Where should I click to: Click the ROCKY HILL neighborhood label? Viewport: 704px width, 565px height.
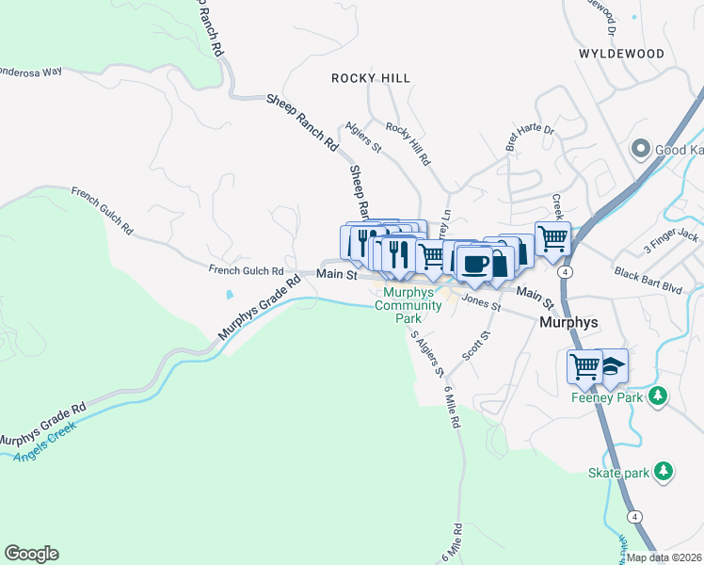point(371,78)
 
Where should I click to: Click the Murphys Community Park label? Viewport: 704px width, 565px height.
point(408,306)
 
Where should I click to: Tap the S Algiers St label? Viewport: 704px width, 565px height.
point(426,354)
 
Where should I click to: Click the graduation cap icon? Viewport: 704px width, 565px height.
point(612,365)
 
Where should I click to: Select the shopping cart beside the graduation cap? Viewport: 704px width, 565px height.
point(584,365)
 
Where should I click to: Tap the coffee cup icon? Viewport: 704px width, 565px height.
point(475,262)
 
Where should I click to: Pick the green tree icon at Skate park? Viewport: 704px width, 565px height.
point(664,471)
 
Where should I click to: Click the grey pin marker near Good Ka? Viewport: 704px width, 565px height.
point(641,149)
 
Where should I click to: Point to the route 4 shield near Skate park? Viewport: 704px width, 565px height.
point(635,517)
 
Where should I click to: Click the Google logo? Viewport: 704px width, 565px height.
point(31,554)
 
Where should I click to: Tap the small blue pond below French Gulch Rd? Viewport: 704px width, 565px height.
point(229,295)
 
